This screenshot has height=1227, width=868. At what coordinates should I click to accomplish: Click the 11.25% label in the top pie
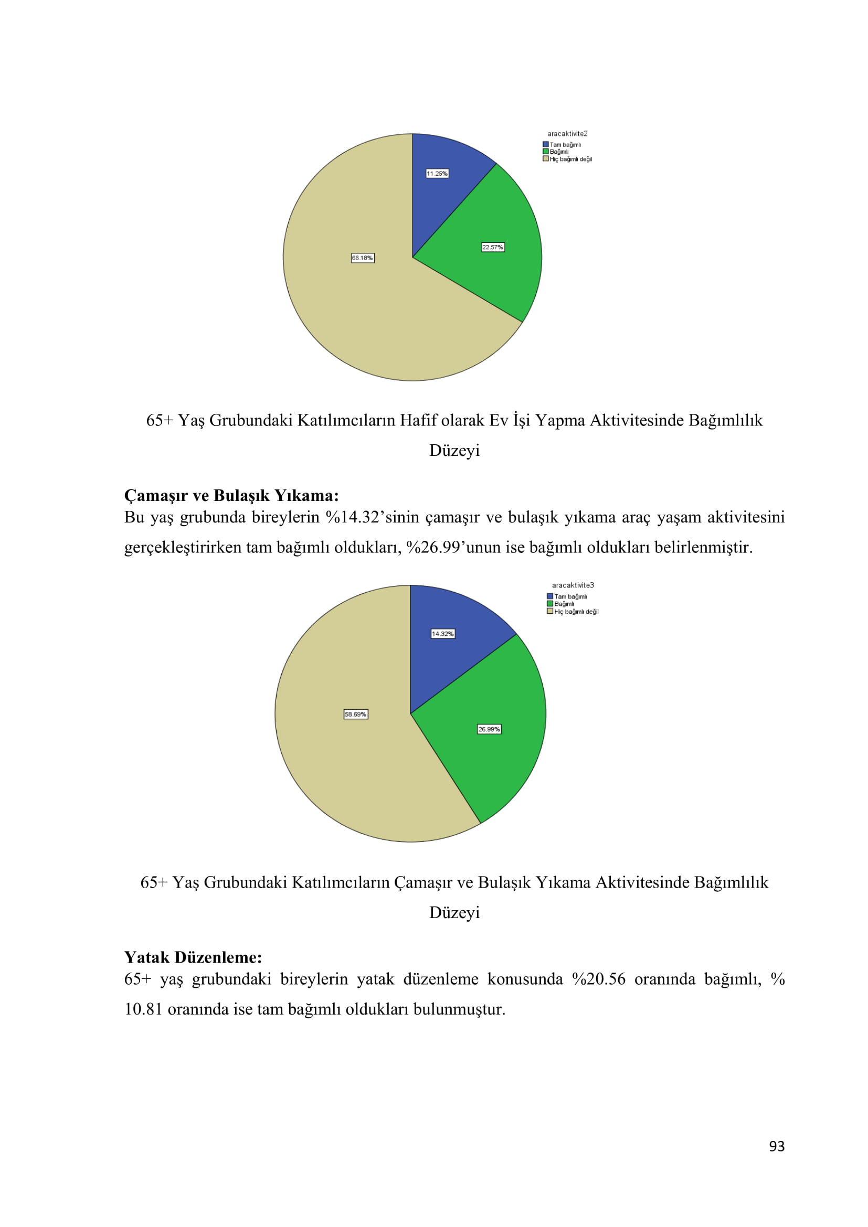(x=437, y=174)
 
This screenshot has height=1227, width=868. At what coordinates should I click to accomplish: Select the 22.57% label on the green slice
(x=492, y=248)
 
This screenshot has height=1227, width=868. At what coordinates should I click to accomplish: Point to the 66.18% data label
(x=363, y=258)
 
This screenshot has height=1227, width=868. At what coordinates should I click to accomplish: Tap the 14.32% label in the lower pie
(x=442, y=634)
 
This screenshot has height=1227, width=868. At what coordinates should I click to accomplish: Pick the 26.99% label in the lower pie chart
(x=489, y=730)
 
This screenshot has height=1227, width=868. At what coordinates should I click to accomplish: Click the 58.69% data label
(x=355, y=714)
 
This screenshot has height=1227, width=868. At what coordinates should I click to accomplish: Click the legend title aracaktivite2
(x=567, y=134)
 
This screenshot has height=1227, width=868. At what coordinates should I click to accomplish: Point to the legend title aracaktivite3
(x=573, y=585)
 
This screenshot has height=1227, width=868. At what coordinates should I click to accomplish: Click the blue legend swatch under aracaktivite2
(x=546, y=144)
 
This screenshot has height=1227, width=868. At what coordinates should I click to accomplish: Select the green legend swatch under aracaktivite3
(x=550, y=604)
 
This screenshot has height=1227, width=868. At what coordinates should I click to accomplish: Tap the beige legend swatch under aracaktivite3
(x=550, y=611)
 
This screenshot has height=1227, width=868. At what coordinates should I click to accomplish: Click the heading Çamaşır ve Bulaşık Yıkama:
(x=231, y=495)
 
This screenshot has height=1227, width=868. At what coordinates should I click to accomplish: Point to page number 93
(x=777, y=1146)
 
